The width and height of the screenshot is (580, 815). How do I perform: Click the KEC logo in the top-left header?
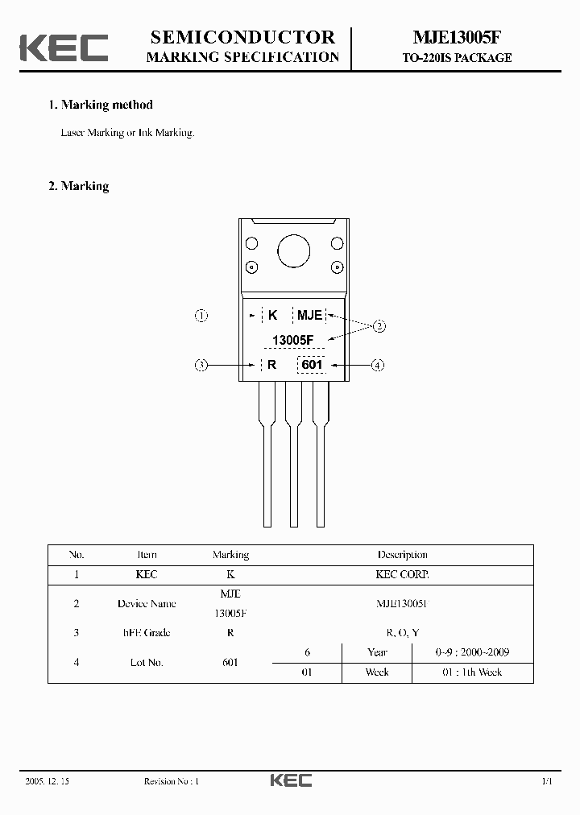click(64, 47)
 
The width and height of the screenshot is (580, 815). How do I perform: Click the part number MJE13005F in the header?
click(457, 38)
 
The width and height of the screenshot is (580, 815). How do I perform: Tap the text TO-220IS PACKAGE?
click(457, 58)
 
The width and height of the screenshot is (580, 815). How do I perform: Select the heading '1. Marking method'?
click(101, 105)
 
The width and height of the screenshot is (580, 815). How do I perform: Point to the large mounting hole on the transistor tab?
click(293, 251)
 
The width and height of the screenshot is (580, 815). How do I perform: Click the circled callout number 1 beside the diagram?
click(202, 316)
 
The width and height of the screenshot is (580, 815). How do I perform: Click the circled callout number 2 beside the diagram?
click(379, 326)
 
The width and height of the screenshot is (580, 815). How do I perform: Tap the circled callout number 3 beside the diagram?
click(202, 365)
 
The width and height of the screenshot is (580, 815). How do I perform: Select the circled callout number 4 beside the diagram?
click(378, 365)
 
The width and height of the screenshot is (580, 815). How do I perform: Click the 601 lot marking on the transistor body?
click(311, 365)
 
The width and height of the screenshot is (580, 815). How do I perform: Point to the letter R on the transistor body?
click(272, 365)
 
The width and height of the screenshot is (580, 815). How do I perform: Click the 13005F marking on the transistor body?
click(292, 340)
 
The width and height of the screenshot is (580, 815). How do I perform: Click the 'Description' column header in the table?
click(402, 555)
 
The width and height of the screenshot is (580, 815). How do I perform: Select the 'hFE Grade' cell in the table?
click(147, 633)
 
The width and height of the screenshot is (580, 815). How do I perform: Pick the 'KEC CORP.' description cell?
click(402, 575)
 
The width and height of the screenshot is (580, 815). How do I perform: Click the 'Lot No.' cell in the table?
click(147, 662)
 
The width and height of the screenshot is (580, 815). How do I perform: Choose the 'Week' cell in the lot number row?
click(377, 672)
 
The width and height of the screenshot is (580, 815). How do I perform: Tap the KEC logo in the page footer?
click(290, 780)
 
